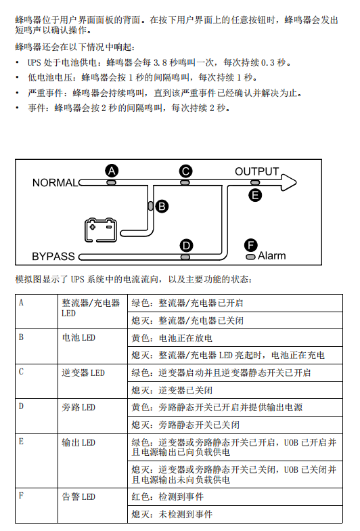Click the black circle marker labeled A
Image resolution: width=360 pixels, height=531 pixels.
click(112, 171)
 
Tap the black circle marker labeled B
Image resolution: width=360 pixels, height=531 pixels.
click(162, 206)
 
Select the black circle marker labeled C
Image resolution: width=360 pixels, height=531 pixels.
click(185, 171)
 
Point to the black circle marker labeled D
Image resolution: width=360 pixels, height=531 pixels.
click(185, 245)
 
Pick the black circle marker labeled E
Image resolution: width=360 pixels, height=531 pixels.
click(255, 195)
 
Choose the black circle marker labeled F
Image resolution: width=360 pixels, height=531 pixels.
click(250, 245)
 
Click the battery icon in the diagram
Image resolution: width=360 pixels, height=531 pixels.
click(100, 230)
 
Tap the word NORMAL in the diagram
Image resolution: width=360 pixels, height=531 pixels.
click(55, 183)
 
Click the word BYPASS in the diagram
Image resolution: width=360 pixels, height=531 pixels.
click(53, 256)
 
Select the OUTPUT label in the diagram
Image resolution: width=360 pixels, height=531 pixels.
click(257, 171)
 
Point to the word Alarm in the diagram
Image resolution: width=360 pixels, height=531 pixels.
click(272, 256)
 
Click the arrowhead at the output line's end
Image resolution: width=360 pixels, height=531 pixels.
click(288, 183)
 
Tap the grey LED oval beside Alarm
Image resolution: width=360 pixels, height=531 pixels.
click(250, 257)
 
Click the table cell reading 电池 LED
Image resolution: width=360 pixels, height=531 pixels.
click(78, 337)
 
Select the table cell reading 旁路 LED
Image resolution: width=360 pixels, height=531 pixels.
click(78, 407)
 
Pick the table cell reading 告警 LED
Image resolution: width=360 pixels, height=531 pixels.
click(78, 497)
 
